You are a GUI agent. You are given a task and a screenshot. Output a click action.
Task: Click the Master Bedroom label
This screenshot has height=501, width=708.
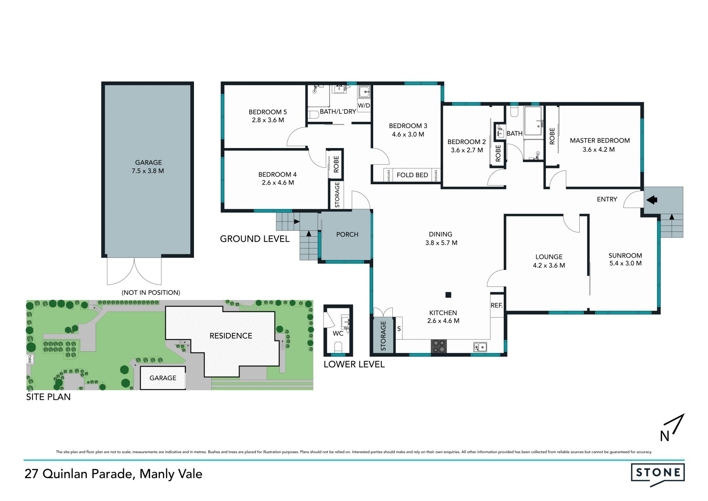tap(600, 141)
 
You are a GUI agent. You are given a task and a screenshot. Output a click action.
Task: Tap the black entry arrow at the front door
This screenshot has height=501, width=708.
tap(652, 200)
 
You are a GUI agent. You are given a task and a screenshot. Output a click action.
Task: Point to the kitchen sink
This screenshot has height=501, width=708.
tap(480, 347)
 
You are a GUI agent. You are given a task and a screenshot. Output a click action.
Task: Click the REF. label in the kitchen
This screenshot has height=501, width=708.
tap(497, 305)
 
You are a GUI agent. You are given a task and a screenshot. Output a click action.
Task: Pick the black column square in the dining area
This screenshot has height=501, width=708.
tap(448, 295)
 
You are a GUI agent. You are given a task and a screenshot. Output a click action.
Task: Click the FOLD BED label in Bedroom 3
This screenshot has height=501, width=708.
tap(412, 175)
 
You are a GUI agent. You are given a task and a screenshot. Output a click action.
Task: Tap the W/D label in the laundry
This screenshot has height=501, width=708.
tap(364, 106)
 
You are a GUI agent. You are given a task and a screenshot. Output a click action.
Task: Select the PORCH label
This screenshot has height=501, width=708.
tap(347, 234)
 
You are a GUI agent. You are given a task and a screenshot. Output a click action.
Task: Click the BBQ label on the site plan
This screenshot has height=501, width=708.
tap(30, 359)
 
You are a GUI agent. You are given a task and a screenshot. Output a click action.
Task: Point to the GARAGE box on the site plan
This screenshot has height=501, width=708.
tap(163, 378)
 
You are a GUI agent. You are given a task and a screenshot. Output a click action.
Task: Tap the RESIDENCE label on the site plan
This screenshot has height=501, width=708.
tap(231, 336)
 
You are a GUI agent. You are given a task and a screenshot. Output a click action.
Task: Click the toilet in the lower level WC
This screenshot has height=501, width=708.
tap(338, 347)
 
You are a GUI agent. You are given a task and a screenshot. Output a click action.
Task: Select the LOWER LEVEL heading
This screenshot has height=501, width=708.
tap(354, 364)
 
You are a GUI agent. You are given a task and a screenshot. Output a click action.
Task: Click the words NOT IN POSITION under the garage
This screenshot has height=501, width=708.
tap(151, 292)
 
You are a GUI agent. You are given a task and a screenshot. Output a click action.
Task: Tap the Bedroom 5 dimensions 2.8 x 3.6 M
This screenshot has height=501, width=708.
tap(268, 120)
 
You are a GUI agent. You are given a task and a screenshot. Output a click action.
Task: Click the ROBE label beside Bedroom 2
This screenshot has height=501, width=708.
tap(498, 153)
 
